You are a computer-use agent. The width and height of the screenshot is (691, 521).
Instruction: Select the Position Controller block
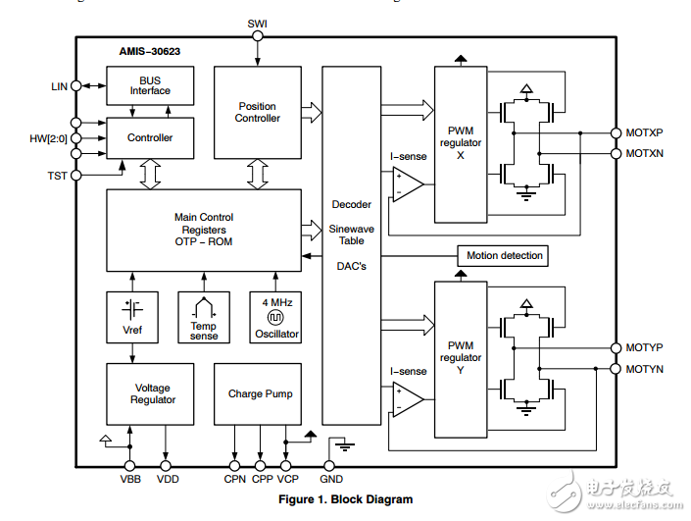(x=258, y=112)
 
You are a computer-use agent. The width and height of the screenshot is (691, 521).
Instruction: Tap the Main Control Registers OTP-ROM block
(x=204, y=229)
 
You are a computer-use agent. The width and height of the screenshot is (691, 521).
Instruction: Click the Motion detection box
(x=504, y=256)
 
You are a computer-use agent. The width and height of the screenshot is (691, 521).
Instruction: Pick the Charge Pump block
(x=260, y=393)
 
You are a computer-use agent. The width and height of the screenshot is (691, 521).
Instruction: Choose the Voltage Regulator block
(x=152, y=393)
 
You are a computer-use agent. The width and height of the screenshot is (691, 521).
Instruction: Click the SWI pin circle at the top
(x=258, y=36)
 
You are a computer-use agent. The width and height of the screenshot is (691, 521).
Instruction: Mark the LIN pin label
(x=60, y=86)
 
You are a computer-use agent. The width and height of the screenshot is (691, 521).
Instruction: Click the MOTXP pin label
(x=644, y=132)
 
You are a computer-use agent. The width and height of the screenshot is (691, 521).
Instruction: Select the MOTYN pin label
(x=644, y=369)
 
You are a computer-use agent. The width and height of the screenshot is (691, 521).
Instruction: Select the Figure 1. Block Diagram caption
(x=345, y=499)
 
